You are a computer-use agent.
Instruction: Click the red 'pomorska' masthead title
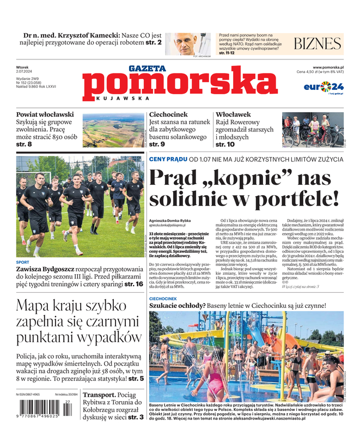pyautogui.click(x=180, y=84)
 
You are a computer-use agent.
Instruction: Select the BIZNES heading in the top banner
pyautogui.click(x=318, y=44)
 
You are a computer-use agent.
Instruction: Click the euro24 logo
pyautogui.click(x=323, y=87)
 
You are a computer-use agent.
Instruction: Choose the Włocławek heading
pyautogui.click(x=233, y=114)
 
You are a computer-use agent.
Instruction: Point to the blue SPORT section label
pyautogui.click(x=23, y=261)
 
